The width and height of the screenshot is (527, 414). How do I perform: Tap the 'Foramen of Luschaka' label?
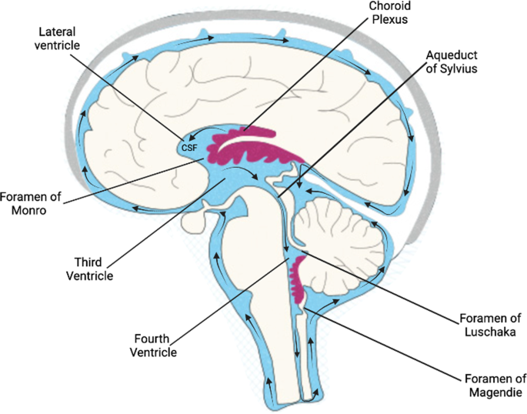pos(482,324)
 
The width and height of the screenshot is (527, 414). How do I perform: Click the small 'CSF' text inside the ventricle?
pos(188,147)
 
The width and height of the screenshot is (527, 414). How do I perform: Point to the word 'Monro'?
pos(30,209)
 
